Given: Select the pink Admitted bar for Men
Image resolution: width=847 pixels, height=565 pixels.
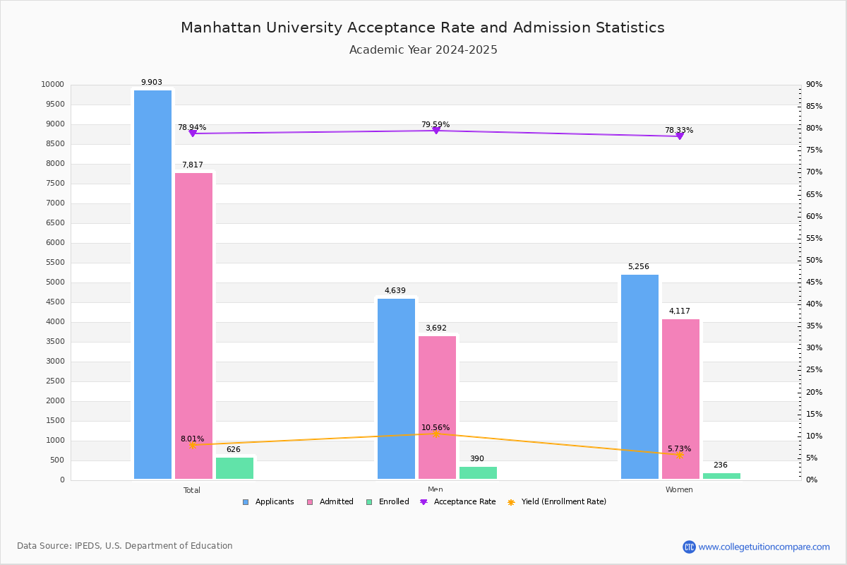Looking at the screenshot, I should point(437,408).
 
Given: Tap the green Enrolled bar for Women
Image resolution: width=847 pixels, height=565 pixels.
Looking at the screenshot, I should point(721,476).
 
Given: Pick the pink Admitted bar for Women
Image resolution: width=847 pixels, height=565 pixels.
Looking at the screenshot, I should point(680,399).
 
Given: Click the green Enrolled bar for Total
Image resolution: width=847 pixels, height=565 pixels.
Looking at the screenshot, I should point(234,468).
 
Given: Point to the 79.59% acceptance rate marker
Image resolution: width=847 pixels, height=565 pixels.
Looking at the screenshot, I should point(436,130).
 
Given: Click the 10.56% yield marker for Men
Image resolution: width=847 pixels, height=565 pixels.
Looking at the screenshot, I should point(436,434).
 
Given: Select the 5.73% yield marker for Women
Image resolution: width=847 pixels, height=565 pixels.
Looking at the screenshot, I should point(680,455).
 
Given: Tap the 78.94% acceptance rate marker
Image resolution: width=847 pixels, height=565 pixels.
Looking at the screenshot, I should point(193,133).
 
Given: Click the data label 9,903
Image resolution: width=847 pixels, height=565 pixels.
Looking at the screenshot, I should point(152,83).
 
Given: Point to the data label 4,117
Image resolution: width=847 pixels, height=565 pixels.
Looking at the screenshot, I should point(680,311).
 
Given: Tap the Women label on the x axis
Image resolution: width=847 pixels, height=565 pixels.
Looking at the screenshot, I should point(679,490).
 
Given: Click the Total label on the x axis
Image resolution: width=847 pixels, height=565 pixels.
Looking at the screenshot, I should point(192,490).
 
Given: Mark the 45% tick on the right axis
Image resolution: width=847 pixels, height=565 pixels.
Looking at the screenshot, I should point(815,282).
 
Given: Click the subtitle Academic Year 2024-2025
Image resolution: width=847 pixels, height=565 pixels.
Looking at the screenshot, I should point(423,50).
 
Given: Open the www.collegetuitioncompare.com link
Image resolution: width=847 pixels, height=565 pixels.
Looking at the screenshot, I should point(764,547).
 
